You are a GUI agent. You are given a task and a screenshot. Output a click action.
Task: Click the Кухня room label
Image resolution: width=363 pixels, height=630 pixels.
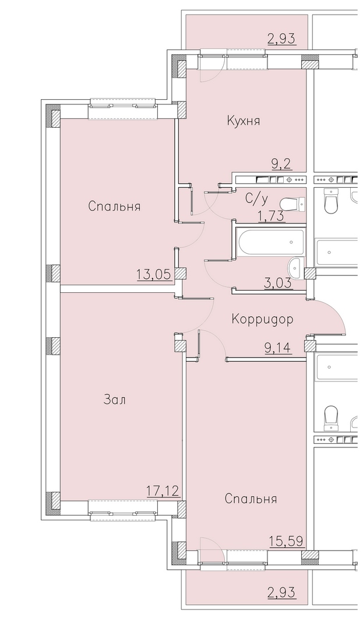(243, 121)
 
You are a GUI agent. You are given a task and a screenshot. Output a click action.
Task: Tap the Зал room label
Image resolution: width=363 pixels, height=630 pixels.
(115, 400)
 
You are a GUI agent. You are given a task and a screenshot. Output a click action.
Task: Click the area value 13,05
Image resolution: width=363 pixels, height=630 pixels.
(154, 275)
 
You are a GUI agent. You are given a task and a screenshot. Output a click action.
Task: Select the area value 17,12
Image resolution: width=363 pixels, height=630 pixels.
(162, 491)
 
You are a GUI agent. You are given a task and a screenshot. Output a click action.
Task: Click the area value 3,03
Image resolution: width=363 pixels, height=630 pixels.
(277, 283)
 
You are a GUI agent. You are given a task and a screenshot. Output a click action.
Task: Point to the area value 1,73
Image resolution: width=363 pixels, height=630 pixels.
(271, 216)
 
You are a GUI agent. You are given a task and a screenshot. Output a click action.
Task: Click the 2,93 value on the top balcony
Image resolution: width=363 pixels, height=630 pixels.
(281, 39)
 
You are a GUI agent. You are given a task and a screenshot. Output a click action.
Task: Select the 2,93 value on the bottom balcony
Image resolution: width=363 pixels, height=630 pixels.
(281, 592)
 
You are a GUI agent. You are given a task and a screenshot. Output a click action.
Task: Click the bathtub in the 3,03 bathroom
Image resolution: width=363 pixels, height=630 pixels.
(271, 242)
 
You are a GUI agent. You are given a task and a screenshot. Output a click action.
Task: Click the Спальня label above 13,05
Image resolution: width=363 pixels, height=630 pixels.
(114, 206)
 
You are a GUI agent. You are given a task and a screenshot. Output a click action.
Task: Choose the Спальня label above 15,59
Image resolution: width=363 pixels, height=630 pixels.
(251, 499)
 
